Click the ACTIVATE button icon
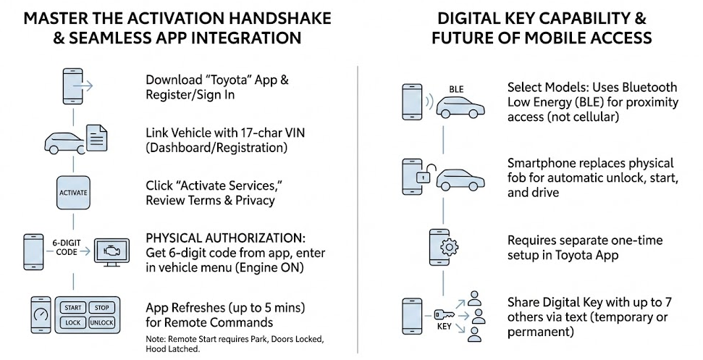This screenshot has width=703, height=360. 72,193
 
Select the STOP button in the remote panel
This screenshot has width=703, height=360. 101,307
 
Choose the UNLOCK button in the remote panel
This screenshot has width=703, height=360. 101,322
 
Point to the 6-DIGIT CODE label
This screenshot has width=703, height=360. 66,247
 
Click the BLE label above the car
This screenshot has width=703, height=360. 456,89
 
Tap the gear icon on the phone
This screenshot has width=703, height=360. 449,247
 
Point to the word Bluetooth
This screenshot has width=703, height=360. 649,88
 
